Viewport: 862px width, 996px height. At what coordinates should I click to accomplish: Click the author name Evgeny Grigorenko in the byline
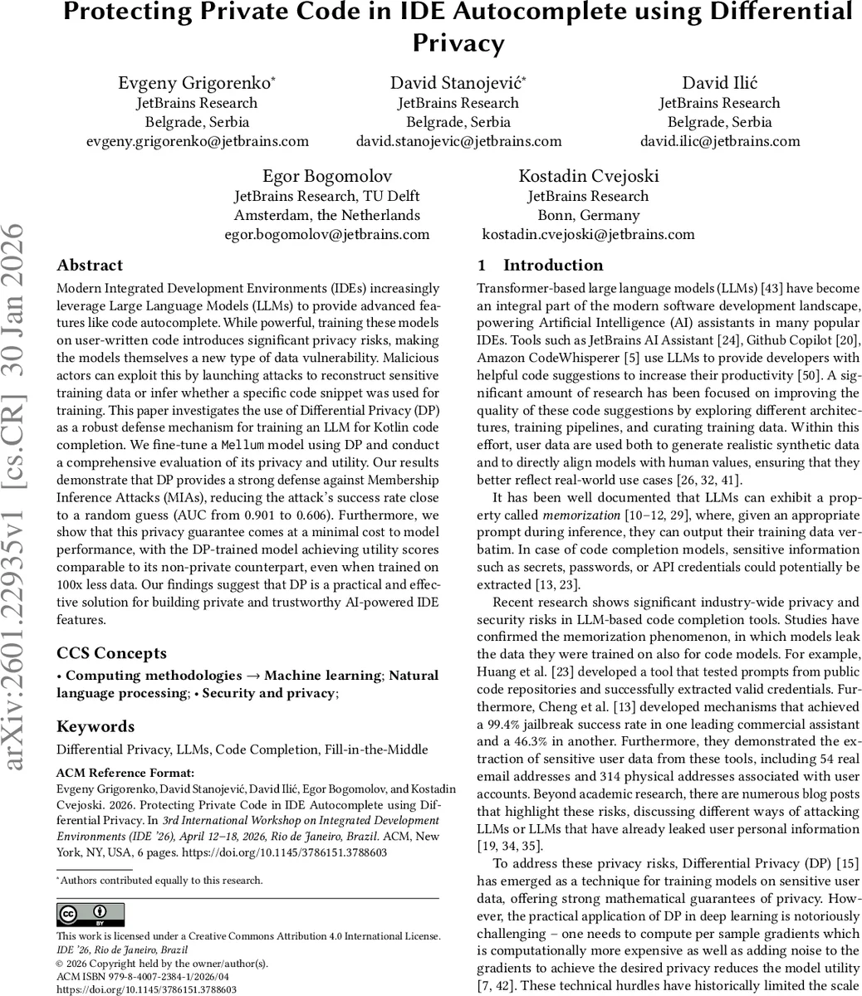click(x=196, y=83)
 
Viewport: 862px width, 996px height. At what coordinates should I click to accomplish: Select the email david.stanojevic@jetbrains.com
click(x=458, y=141)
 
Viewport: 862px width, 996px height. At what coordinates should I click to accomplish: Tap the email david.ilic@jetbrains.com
click(x=719, y=141)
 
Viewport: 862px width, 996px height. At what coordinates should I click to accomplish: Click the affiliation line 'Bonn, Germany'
click(x=588, y=215)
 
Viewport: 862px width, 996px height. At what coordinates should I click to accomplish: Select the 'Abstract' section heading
click(x=90, y=266)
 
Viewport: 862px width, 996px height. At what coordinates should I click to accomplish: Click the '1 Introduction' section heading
click(x=540, y=266)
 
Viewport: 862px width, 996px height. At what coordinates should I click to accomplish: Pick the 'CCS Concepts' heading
click(x=111, y=653)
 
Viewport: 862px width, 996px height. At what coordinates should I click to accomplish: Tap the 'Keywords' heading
click(x=96, y=727)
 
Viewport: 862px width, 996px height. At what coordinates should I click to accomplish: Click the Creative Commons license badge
click(x=91, y=915)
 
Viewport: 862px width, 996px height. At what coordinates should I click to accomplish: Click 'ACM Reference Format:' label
click(x=125, y=774)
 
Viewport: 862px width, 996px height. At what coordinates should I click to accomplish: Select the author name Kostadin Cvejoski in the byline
click(x=588, y=177)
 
